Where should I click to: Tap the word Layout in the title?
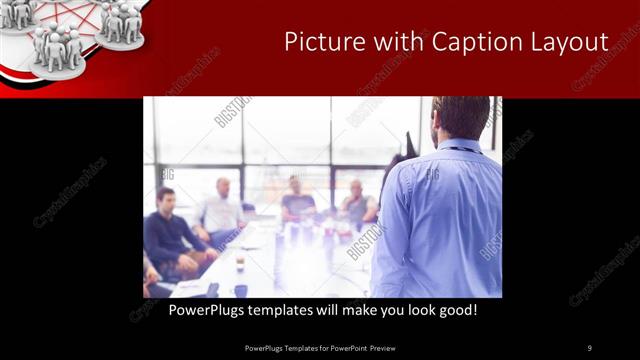coord(571,42)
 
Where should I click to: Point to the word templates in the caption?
coord(289,311)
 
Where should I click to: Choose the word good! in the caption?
coord(456,311)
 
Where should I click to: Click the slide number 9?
coord(589,348)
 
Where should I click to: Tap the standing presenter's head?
coord(461,118)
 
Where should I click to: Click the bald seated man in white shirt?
coord(221,210)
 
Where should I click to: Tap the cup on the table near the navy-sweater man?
coord(240,264)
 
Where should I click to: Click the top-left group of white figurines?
coord(18,12)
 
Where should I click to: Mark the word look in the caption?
coord(410,311)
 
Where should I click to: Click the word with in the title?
coord(389,42)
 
